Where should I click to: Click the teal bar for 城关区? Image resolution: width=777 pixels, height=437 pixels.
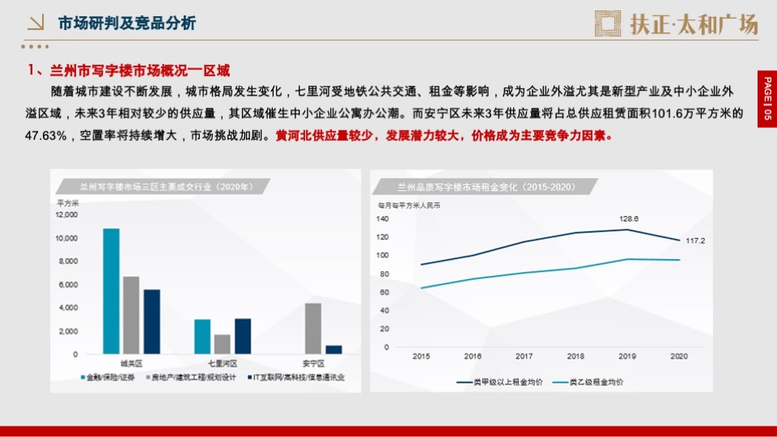coord(111,291)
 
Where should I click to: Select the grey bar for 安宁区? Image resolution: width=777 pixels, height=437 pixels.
coord(313,329)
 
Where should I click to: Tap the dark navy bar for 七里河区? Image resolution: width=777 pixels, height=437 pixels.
coord(242,336)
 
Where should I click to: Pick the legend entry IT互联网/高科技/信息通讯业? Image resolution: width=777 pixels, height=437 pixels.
coord(299,377)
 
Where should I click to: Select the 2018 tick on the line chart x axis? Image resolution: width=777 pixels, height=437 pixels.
coord(575,356)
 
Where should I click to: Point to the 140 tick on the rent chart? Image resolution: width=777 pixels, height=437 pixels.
coord(383,218)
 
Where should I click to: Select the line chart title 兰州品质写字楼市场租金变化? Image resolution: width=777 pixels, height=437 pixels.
coord(474,187)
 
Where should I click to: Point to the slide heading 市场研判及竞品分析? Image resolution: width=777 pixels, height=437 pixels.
coord(126,23)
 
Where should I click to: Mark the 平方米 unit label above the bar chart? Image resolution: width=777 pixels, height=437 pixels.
coord(67,202)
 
